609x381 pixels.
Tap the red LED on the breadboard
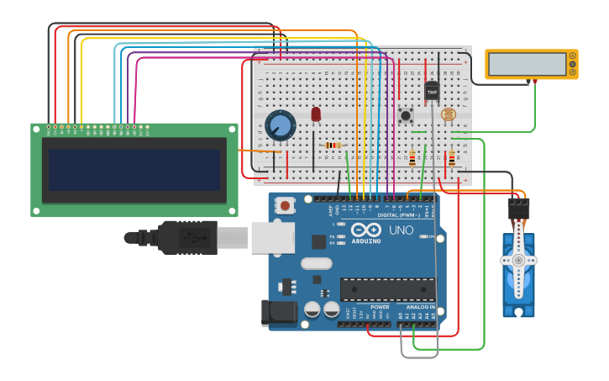tap(316, 114)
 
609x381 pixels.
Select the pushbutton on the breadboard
tap(407, 115)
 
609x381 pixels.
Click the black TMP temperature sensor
tap(432, 91)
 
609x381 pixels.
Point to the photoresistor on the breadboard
tap(448, 114)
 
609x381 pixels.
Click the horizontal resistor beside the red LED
tap(333, 145)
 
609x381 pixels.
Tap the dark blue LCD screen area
tap(134, 169)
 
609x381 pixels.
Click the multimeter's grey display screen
tap(521, 64)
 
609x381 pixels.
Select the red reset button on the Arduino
tap(286, 204)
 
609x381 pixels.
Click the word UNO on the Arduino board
tap(401, 230)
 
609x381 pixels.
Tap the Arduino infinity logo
tap(366, 230)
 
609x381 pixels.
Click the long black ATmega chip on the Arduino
tap(387, 289)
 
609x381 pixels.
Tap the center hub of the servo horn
tap(519, 261)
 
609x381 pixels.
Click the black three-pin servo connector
tap(519, 207)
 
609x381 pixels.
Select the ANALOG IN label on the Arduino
tap(420, 307)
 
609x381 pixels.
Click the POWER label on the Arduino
tap(380, 307)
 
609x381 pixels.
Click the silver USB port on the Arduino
tap(272, 237)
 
